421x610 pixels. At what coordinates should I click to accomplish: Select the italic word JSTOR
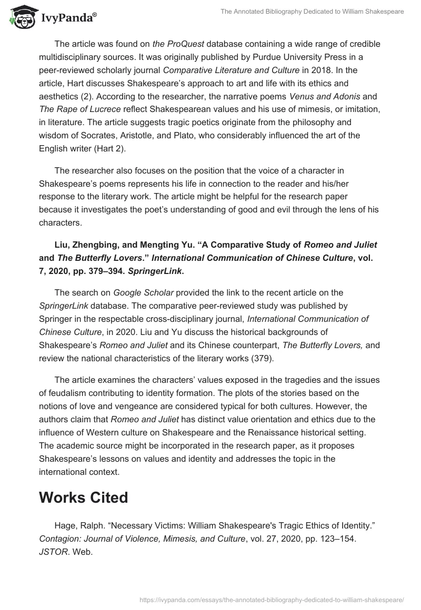click(51, 552)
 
